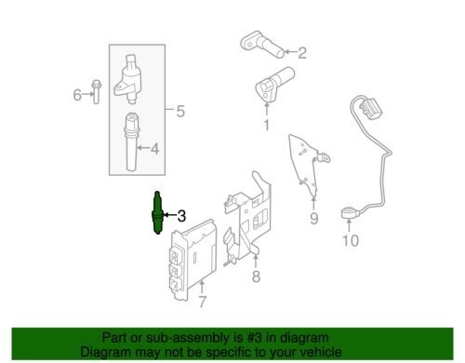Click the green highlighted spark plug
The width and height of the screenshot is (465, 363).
pos(157,213)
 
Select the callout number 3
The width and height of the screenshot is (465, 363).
pos(181,216)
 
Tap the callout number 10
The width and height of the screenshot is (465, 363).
pos(351,240)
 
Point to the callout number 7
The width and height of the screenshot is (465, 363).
pos(202,302)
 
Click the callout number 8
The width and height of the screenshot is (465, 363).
pos(256,276)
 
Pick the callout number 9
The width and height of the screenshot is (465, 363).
pos(314,219)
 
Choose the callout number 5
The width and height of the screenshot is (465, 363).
pos(180,111)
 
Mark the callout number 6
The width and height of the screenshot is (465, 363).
pos(77,95)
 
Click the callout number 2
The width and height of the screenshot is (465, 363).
pos(302,53)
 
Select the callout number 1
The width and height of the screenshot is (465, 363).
pos(267,125)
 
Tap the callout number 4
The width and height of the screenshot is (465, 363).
pos(154,149)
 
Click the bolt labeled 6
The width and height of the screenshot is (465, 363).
pos(97,91)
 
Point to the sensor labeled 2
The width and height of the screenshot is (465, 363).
pos(262,45)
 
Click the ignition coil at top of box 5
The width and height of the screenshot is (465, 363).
pos(128,80)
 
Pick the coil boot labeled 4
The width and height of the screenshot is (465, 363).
pos(132,141)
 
